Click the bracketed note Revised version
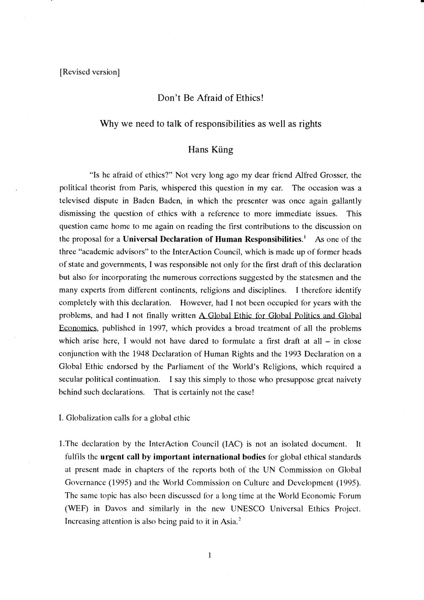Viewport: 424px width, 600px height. click(x=89, y=72)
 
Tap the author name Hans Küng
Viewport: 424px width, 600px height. click(x=211, y=150)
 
